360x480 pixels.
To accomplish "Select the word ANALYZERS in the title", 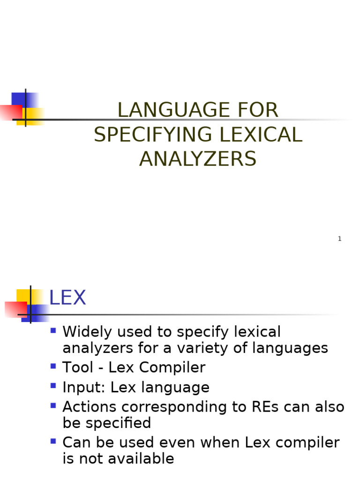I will (x=198, y=159).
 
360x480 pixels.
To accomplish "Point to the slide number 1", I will (x=339, y=239).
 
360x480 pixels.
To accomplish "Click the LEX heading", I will (x=67, y=299).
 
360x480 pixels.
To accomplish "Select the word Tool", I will (x=77, y=368).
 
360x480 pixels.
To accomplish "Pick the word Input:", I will (x=83, y=388).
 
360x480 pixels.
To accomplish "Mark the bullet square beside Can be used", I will (x=53, y=441).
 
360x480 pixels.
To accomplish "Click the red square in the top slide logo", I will (x=10, y=112).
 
